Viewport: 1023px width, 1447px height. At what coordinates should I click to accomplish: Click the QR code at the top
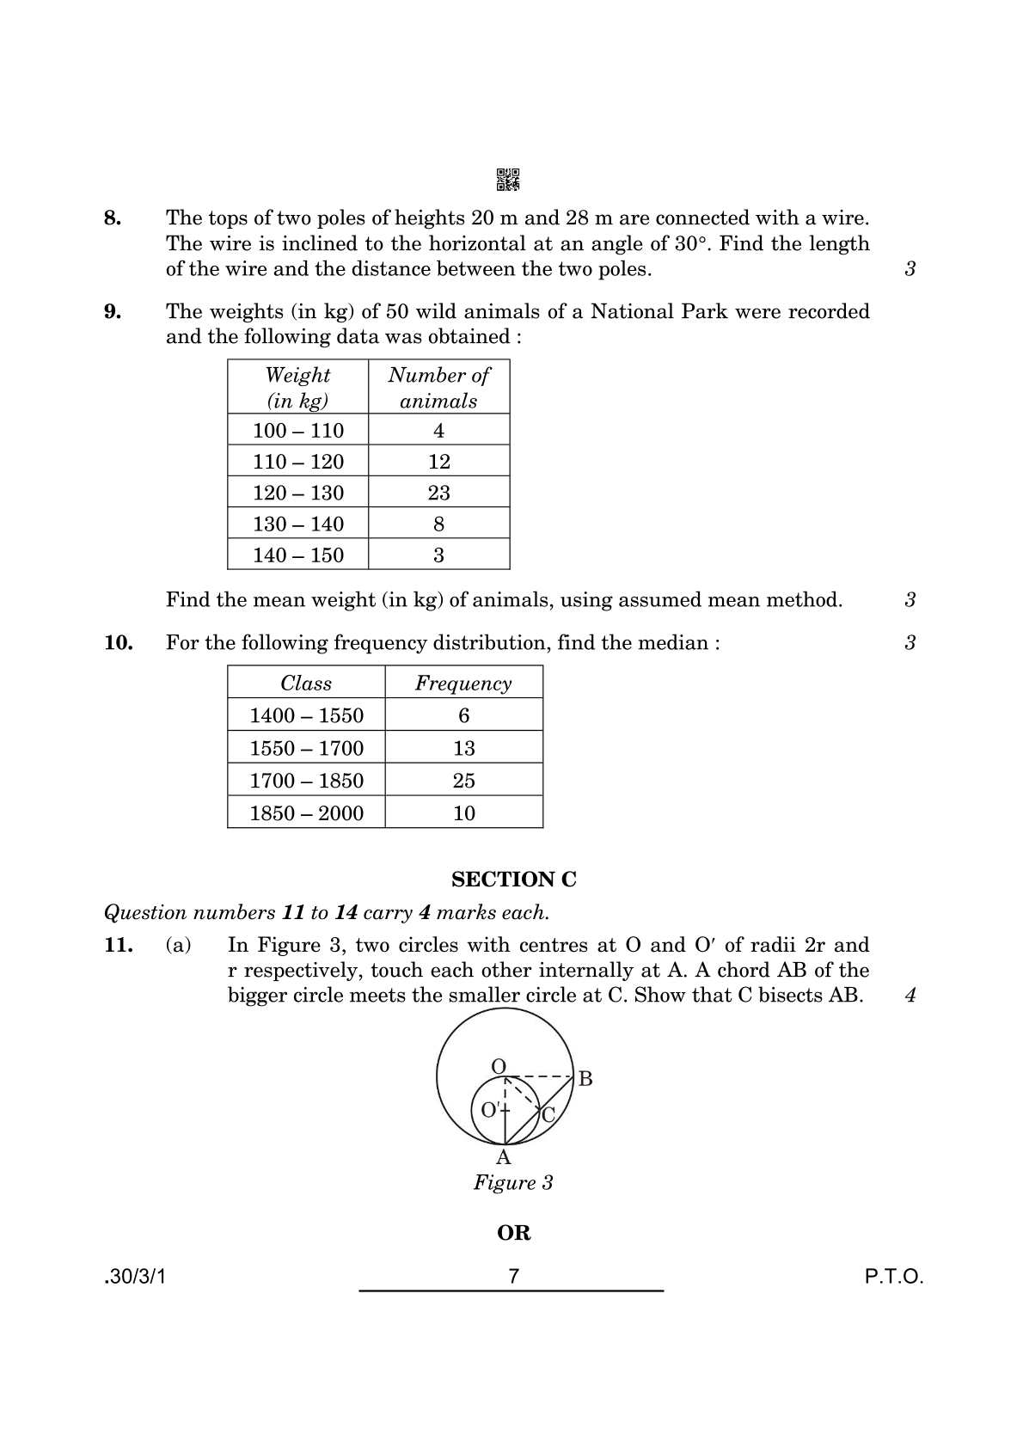[508, 179]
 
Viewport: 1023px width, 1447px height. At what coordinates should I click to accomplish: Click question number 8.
[113, 218]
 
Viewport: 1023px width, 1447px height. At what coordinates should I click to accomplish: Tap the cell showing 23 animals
[438, 493]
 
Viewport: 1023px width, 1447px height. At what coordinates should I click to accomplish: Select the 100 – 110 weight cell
[298, 431]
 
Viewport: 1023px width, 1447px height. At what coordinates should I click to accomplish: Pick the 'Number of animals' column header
[438, 388]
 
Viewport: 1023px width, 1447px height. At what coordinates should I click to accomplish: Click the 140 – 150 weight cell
[298, 555]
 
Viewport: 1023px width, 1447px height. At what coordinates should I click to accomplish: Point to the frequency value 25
[463, 781]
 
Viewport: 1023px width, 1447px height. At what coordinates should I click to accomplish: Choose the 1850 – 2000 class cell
[306, 813]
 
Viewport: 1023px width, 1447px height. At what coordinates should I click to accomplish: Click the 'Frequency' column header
[463, 684]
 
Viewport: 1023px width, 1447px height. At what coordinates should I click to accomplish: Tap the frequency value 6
[463, 715]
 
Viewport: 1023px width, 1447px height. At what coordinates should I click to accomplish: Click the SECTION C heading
[513, 880]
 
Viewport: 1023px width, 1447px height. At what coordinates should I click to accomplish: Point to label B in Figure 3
[585, 1079]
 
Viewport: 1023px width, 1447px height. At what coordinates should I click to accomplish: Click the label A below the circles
[504, 1158]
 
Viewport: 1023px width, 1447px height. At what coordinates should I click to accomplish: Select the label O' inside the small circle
[489, 1110]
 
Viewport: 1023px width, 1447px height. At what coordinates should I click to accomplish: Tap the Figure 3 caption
[513, 1183]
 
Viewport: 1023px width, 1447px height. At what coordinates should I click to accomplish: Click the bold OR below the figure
[513, 1233]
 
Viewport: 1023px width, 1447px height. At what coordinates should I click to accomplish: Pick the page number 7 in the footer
[513, 1277]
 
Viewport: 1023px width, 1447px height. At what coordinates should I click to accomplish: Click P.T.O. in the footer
[894, 1277]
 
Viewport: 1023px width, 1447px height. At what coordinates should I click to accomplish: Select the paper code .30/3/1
[135, 1277]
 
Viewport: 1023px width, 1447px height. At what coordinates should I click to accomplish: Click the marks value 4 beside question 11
[910, 996]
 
